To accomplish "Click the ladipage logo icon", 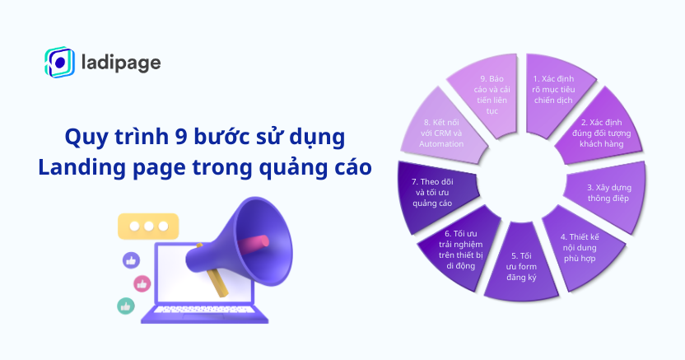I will pos(60,62).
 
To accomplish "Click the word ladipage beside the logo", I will pos(122,63).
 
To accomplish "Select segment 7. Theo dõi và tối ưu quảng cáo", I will pos(435,191).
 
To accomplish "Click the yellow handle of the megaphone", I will pos(216,279).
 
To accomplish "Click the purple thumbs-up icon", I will pos(131,260).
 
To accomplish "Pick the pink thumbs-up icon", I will pos(142,283).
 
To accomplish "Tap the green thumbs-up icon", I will pos(125,306).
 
